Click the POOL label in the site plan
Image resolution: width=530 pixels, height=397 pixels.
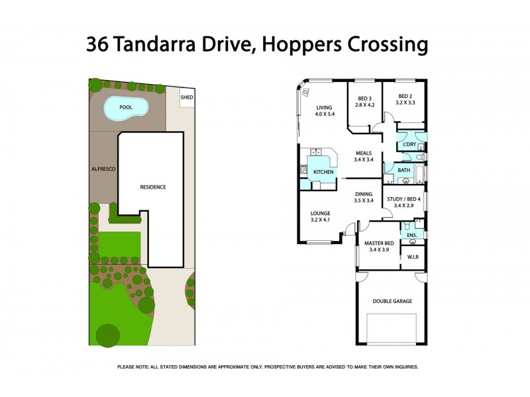[x=125, y=107]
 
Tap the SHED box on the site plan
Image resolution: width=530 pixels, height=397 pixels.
[x=187, y=97]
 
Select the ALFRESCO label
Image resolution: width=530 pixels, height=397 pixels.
[x=103, y=169]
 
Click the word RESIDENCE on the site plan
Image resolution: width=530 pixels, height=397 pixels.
[x=152, y=187]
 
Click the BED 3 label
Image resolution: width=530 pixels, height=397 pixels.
[x=365, y=98]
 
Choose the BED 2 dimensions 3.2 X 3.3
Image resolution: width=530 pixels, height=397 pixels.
[x=405, y=104]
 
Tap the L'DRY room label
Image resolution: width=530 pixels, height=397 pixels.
[x=409, y=144]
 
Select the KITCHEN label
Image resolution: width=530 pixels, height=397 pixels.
[x=323, y=172]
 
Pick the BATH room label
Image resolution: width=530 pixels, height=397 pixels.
[x=403, y=170]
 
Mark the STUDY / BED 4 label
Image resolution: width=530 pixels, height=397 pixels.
[x=404, y=198]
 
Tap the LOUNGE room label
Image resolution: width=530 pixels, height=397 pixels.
[x=321, y=213]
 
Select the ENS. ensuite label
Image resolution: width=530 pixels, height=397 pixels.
[x=411, y=234]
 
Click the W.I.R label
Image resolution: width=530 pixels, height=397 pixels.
[x=412, y=257]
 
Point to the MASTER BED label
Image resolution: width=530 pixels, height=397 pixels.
[x=378, y=243]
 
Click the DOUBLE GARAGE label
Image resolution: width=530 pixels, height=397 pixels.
[x=392, y=301]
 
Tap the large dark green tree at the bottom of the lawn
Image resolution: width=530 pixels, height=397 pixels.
[x=107, y=335]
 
